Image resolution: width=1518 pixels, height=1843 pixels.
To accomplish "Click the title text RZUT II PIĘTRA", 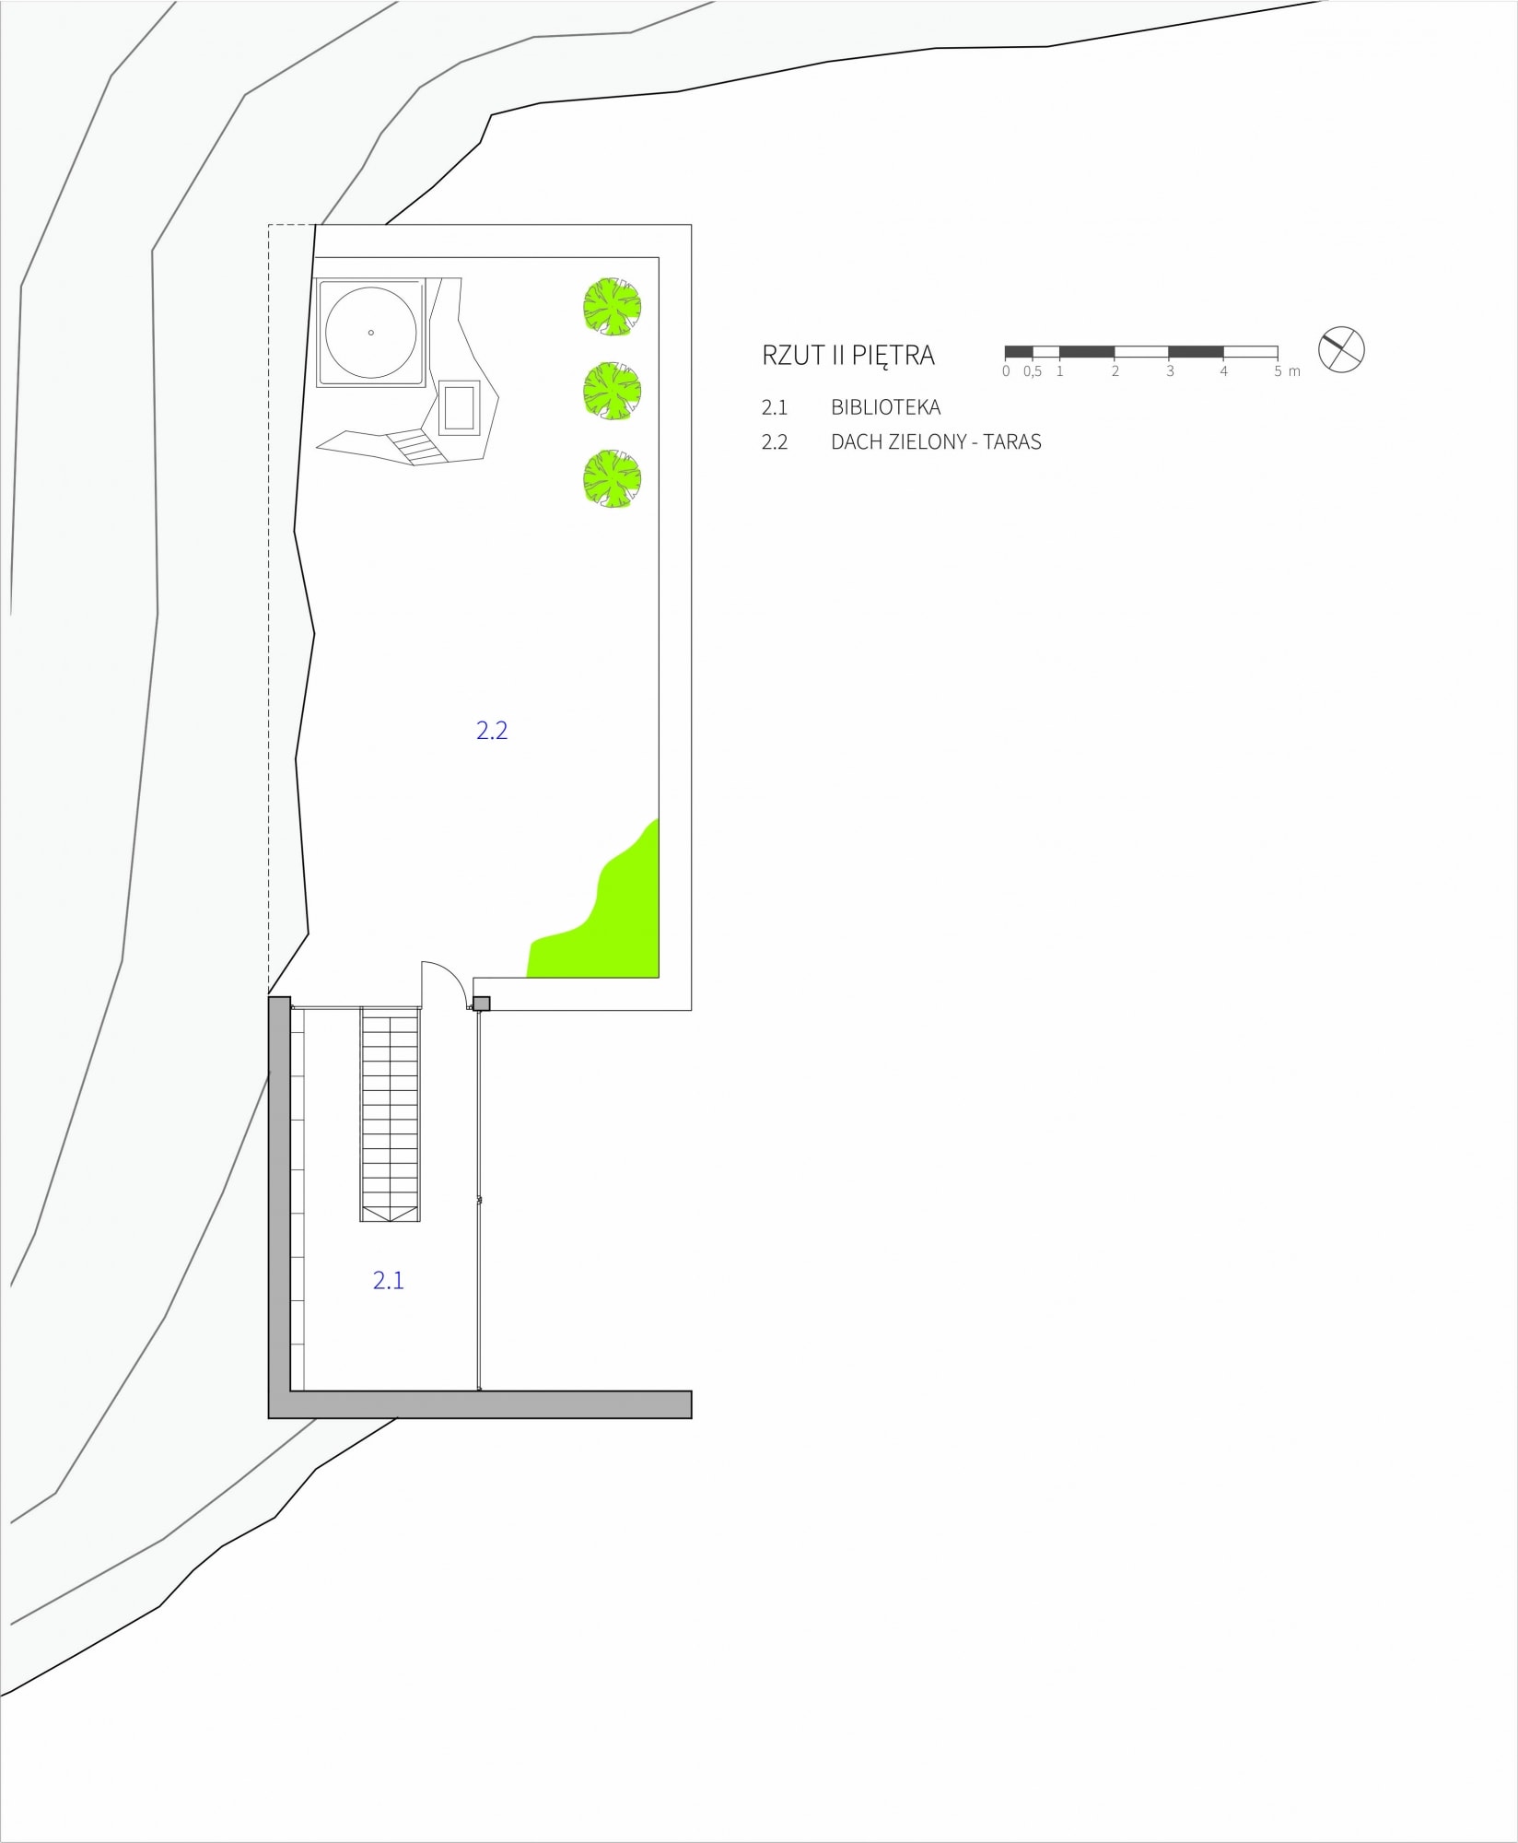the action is [847, 356].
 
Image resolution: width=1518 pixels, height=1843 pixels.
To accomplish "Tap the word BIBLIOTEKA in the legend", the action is [885, 407].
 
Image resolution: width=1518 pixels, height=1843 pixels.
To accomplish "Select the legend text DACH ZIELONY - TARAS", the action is [936, 442].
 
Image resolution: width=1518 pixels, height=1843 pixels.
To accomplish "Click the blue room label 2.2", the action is [492, 731].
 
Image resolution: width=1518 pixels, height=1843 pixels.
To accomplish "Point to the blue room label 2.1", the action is [388, 1280].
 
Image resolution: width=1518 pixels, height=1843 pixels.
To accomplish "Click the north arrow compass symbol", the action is [1341, 350].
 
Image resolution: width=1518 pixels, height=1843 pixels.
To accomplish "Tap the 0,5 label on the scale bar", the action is [1033, 371].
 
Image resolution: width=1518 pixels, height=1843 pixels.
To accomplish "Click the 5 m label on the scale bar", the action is [1287, 371].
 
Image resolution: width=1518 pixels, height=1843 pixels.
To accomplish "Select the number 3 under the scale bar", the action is [1170, 371].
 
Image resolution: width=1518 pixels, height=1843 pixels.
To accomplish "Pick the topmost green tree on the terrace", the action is [612, 305].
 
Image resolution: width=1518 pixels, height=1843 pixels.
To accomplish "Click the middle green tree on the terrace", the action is [612, 392].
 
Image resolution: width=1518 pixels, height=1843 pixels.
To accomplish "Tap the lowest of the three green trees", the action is [612, 478].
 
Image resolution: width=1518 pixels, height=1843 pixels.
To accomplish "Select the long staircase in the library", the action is [391, 1115].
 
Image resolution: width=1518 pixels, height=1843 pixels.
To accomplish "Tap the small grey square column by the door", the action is [481, 1004].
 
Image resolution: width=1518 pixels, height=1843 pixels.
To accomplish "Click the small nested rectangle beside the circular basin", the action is [460, 407].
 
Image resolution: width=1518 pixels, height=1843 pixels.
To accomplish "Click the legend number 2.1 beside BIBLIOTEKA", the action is [775, 407].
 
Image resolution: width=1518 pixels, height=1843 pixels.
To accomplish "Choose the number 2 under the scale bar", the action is [1115, 371].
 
